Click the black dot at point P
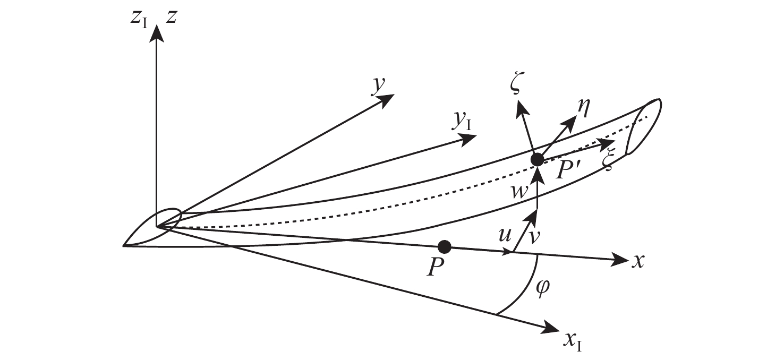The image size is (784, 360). point(445,246)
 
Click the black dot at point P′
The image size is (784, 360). point(538,159)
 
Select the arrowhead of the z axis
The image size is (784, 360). point(156,33)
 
